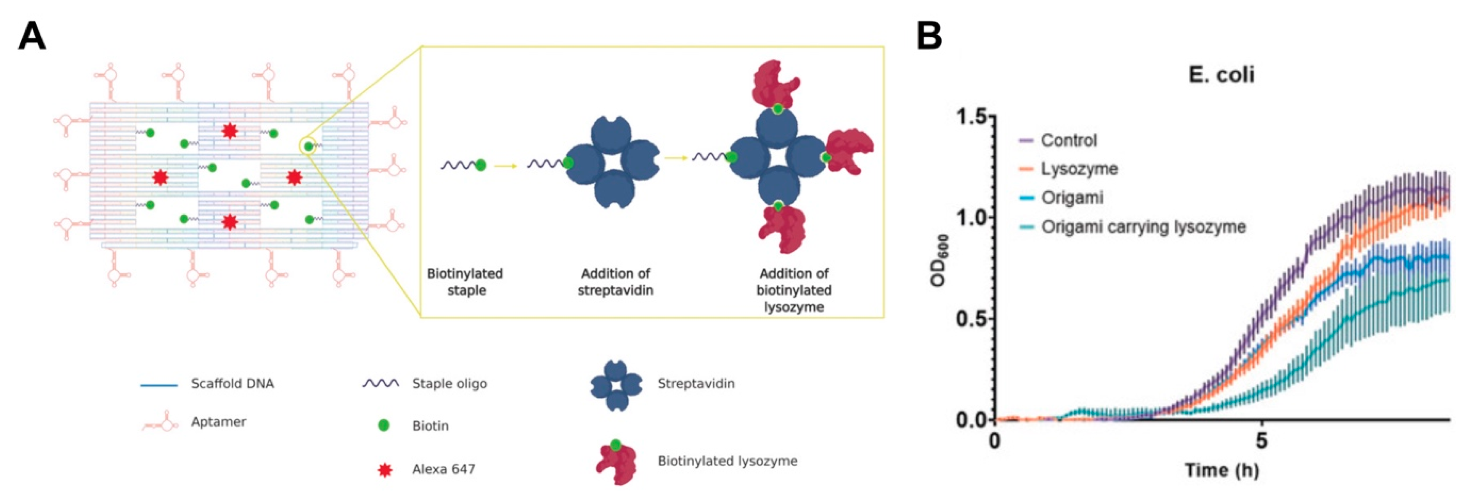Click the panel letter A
(32, 37)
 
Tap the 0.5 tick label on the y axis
(971, 318)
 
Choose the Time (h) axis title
(1222, 470)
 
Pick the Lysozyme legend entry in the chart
(1079, 169)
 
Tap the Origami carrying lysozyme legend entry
(1143, 227)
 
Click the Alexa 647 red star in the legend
(385, 470)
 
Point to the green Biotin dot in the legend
(384, 425)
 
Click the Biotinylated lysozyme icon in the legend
(616, 462)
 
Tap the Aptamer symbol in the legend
(160, 423)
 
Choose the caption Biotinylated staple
(465, 282)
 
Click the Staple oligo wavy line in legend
(380, 384)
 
